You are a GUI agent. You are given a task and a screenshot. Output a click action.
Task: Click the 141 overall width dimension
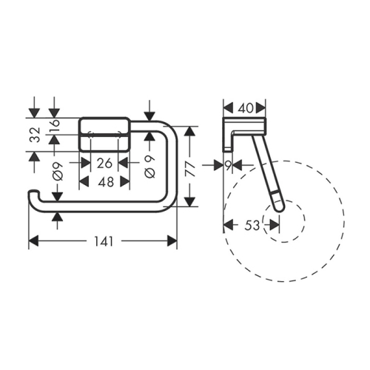104,241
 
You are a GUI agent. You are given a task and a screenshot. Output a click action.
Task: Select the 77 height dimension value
190,169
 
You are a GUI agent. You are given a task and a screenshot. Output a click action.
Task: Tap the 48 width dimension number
106,182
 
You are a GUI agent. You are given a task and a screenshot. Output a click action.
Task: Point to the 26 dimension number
104,164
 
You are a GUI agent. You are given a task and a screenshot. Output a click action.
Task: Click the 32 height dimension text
35,135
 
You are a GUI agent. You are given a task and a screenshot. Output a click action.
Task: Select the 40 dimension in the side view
246,108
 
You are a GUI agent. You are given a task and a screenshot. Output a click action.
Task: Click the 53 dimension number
252,226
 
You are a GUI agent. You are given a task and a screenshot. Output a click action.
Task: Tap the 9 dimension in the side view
229,166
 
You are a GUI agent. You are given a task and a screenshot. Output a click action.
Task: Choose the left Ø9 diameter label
58,172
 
